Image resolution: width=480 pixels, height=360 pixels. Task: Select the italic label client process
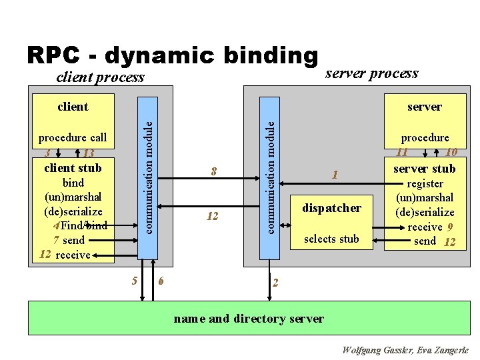[99, 77]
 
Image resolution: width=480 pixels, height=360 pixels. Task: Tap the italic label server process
[371, 73]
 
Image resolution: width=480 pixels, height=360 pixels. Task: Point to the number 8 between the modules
[213, 172]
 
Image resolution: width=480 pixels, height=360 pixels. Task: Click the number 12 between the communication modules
[213, 216]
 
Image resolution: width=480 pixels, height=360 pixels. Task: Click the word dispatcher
[331, 208]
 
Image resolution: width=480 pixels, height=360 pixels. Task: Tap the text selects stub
[331, 239]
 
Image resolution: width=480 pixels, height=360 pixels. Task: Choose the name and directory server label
[249, 318]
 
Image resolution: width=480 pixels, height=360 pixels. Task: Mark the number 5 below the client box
[135, 281]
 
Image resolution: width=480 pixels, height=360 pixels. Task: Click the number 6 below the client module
[161, 281]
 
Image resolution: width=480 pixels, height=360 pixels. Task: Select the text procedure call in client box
[73, 138]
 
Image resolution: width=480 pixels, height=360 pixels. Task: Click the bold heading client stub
[73, 168]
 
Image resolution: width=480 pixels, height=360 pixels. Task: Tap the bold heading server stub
[424, 169]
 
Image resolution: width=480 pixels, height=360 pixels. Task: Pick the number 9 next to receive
[450, 227]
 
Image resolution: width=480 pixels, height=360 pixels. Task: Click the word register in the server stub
[425, 183]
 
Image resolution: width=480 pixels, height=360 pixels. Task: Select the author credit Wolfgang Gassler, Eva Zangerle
[405, 350]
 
